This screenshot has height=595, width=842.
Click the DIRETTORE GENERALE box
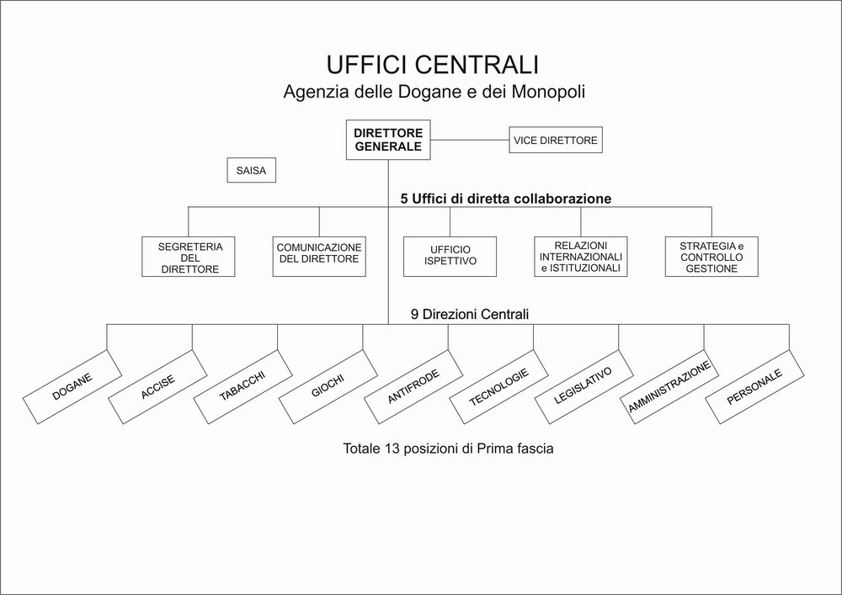click(x=388, y=140)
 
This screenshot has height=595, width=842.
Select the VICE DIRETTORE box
click(x=556, y=140)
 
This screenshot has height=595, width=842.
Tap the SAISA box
click(x=251, y=170)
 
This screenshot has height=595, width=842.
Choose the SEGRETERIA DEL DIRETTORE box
click(x=189, y=257)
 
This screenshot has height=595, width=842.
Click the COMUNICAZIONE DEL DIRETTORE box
click(x=319, y=257)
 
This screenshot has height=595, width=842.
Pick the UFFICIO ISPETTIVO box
click(x=450, y=257)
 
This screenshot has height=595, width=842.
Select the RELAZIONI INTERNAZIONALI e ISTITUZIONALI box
click(x=581, y=257)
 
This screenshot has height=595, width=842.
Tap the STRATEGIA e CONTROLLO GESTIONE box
click(x=711, y=257)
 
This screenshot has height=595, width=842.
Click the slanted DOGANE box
click(x=72, y=387)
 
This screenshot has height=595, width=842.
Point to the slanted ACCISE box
click(x=158, y=387)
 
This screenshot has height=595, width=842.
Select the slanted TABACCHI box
click(x=242, y=387)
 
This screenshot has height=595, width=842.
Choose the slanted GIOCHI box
click(x=328, y=387)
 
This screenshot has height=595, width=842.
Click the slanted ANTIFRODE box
click(x=413, y=387)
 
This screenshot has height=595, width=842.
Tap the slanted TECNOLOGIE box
click(x=498, y=387)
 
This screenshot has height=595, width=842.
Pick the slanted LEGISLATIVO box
click(x=584, y=387)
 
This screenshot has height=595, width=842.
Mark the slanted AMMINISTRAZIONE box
click(x=669, y=387)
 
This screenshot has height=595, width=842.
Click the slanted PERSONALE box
click(x=754, y=387)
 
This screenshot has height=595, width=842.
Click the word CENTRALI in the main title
click(x=476, y=65)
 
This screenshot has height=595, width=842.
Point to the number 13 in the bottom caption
click(x=392, y=448)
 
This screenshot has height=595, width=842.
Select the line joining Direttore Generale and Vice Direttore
click(x=470, y=140)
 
